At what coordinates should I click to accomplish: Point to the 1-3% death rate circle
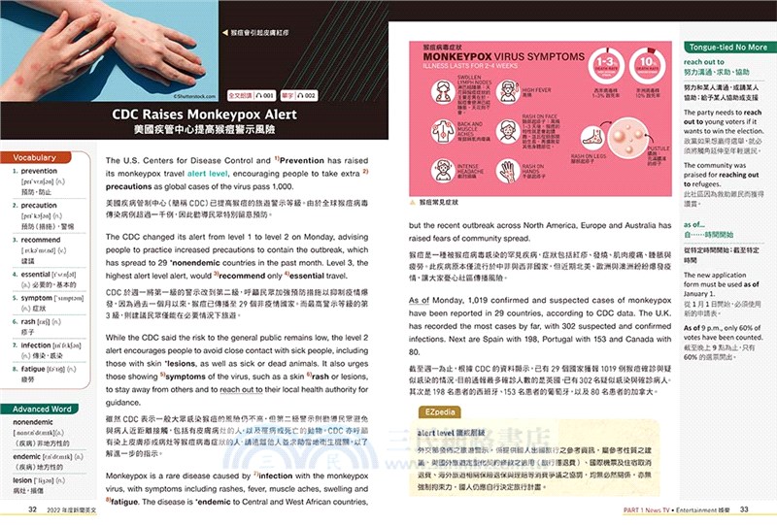605,68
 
